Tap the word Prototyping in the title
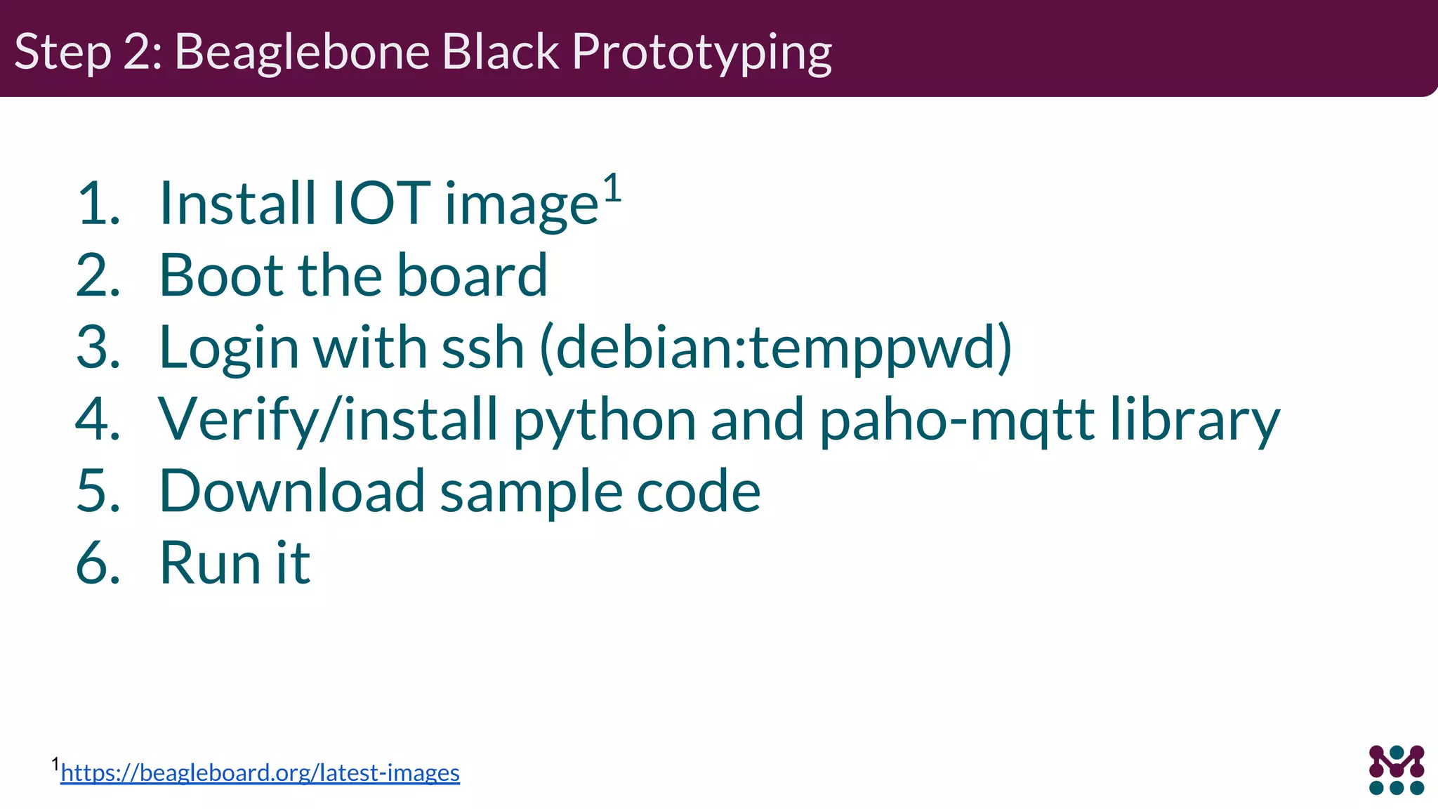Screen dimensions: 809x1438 pyautogui.click(x=701, y=53)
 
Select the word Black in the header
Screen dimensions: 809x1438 pyautogui.click(x=501, y=52)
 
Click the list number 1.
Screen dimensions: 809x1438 pyautogui.click(x=97, y=204)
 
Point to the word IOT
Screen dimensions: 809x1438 pyautogui.click(x=380, y=204)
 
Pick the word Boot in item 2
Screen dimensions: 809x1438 pyautogui.click(x=221, y=275)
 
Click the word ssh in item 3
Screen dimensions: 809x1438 pyautogui.click(x=482, y=347)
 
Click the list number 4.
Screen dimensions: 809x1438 pyautogui.click(x=97, y=419)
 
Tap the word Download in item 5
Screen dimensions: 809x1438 pyautogui.click(x=292, y=491)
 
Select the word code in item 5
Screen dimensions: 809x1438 pyautogui.click(x=698, y=491)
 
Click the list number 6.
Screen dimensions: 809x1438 pyautogui.click(x=97, y=563)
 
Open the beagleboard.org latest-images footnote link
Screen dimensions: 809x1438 pyautogui.click(x=260, y=773)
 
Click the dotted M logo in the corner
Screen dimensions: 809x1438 pyautogui.click(x=1396, y=770)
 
